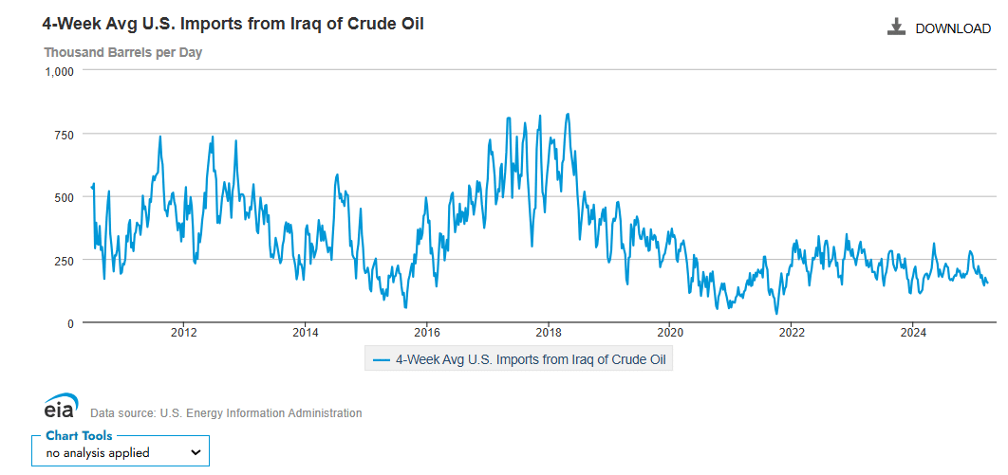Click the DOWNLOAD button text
click(x=952, y=28)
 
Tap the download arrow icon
click(x=896, y=27)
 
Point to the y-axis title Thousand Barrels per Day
click(x=122, y=52)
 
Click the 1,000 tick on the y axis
click(x=58, y=71)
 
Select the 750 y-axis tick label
click(x=64, y=135)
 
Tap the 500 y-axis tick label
click(x=64, y=197)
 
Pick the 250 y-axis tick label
click(x=64, y=260)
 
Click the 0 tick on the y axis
click(x=69, y=323)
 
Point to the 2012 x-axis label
click(x=183, y=332)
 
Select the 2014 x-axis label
click(x=305, y=332)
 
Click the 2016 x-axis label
click(x=426, y=332)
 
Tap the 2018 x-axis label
click(x=548, y=332)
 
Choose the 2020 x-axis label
click(x=669, y=332)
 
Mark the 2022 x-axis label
click(x=791, y=332)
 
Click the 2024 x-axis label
click(x=912, y=332)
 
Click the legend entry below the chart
click(x=518, y=359)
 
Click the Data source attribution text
click(x=226, y=413)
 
